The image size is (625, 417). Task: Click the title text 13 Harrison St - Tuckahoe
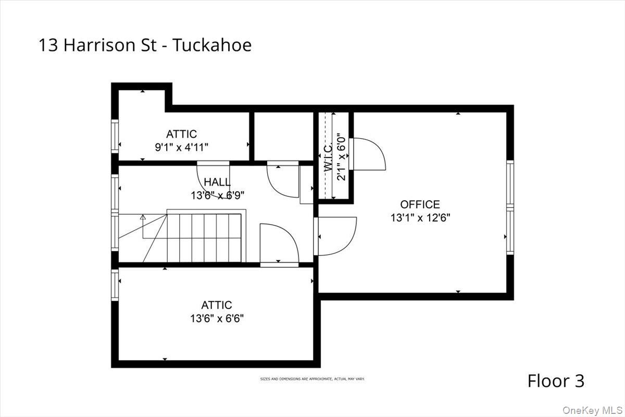(x=145, y=45)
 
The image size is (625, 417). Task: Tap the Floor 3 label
(x=556, y=381)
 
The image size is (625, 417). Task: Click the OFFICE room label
(x=420, y=204)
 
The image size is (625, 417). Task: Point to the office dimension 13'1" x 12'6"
(x=420, y=218)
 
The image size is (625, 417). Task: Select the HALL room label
(x=217, y=182)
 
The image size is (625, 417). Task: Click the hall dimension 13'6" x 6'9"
(x=217, y=195)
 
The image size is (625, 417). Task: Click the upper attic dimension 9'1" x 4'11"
(x=182, y=148)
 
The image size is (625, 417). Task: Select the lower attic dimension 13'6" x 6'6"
(x=217, y=318)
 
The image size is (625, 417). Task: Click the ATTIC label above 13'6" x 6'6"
(x=217, y=305)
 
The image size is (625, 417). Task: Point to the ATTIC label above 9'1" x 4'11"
(x=182, y=134)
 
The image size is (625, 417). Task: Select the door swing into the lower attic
(x=279, y=244)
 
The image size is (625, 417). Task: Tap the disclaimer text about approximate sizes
(x=312, y=379)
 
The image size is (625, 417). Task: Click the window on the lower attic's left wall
(x=115, y=284)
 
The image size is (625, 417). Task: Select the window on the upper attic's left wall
(x=115, y=136)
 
